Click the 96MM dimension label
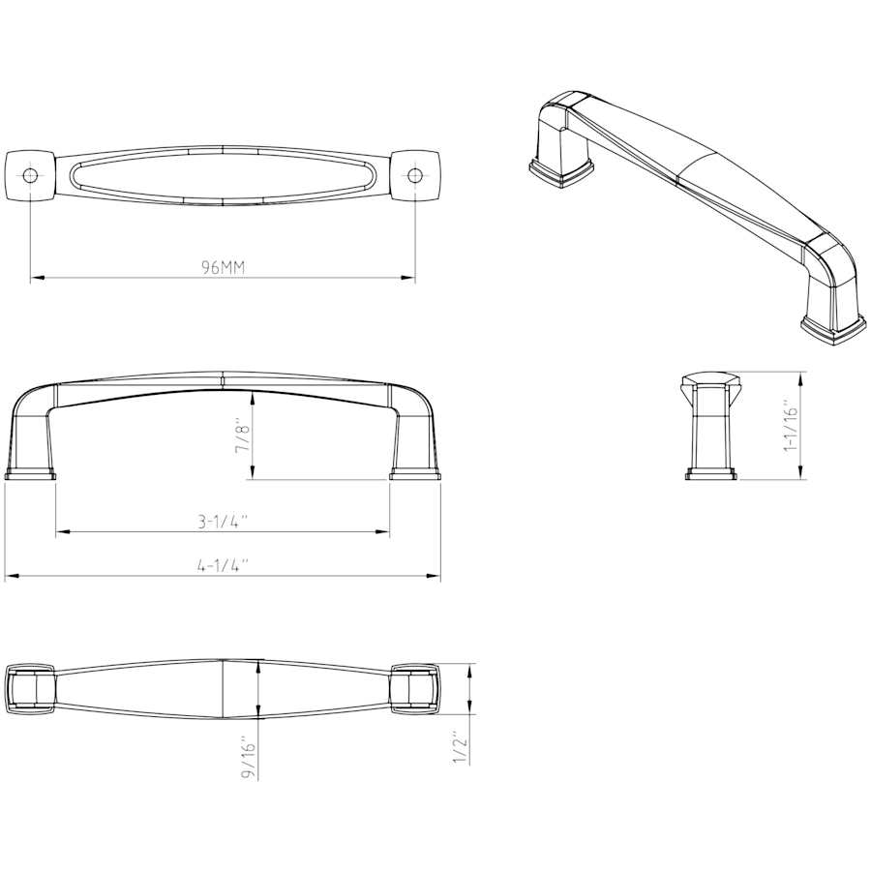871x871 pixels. pos(223,268)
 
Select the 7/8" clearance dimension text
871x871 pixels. pos(244,435)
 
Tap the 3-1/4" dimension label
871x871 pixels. pos(223,523)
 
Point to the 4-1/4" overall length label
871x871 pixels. pos(223,566)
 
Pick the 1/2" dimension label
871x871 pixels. pos(461,746)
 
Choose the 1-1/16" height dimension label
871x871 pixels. pos(790,425)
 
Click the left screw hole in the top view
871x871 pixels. pos(30,175)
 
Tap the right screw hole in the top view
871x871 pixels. pos(415,175)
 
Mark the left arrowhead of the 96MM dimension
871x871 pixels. pos(36,277)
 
